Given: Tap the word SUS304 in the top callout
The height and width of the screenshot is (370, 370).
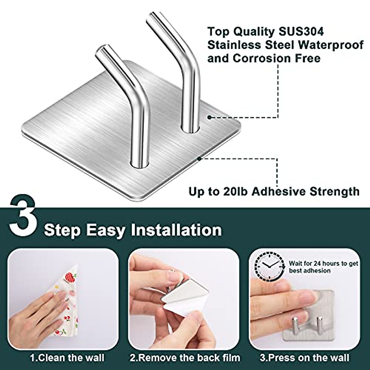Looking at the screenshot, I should click(299, 31).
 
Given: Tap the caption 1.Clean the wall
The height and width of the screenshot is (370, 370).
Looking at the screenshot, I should click(67, 358).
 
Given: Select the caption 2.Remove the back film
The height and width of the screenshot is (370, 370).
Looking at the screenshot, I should click(185, 358).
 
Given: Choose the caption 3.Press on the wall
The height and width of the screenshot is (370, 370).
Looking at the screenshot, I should click(304, 358).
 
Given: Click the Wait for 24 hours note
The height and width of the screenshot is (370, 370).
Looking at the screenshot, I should click(323, 267).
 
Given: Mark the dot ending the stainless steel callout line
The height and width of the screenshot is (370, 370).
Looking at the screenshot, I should click(209, 117).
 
